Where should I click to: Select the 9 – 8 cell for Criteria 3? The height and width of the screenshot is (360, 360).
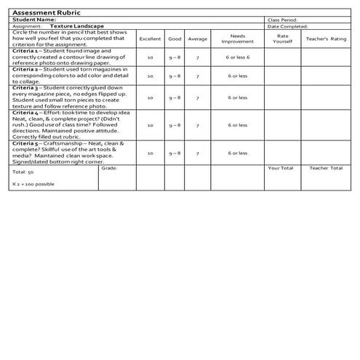coord(175,97)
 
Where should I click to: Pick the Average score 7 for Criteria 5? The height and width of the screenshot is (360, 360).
coord(197,153)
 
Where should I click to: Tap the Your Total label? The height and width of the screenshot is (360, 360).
coord(280,168)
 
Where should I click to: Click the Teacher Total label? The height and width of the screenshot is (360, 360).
coord(325,168)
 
